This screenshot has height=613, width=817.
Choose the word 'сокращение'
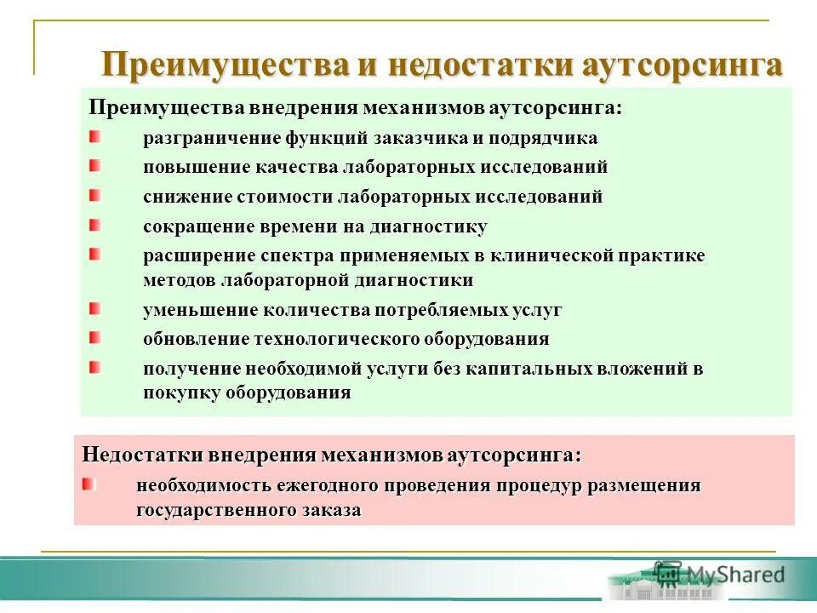[x=187, y=226]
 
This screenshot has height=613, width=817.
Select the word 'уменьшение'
[x=189, y=310]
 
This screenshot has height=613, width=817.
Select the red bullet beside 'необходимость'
[x=89, y=484]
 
